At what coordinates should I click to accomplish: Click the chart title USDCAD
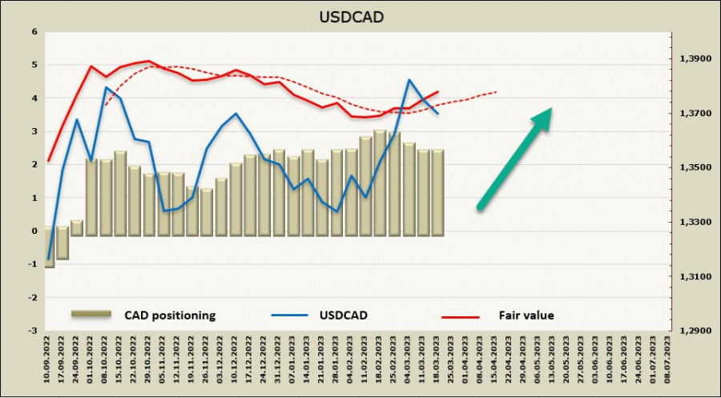360,16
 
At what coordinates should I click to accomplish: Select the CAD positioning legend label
170,316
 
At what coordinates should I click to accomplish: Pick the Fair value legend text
526,316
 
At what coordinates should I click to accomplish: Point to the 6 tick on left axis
34,32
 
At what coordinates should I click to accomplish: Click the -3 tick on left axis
32,330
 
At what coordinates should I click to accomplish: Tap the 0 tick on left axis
34,231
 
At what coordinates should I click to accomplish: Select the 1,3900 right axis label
695,59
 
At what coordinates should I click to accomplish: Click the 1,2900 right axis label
695,330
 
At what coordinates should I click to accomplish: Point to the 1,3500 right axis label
695,167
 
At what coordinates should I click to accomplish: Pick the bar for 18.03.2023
437,192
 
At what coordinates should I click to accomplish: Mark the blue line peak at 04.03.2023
409,80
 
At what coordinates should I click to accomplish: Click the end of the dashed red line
497,91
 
